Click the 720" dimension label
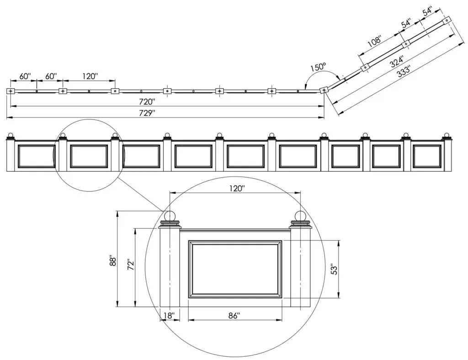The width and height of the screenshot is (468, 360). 147,102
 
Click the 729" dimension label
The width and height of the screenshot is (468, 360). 147,113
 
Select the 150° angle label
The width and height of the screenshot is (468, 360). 318,67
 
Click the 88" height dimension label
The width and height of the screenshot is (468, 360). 112,260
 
